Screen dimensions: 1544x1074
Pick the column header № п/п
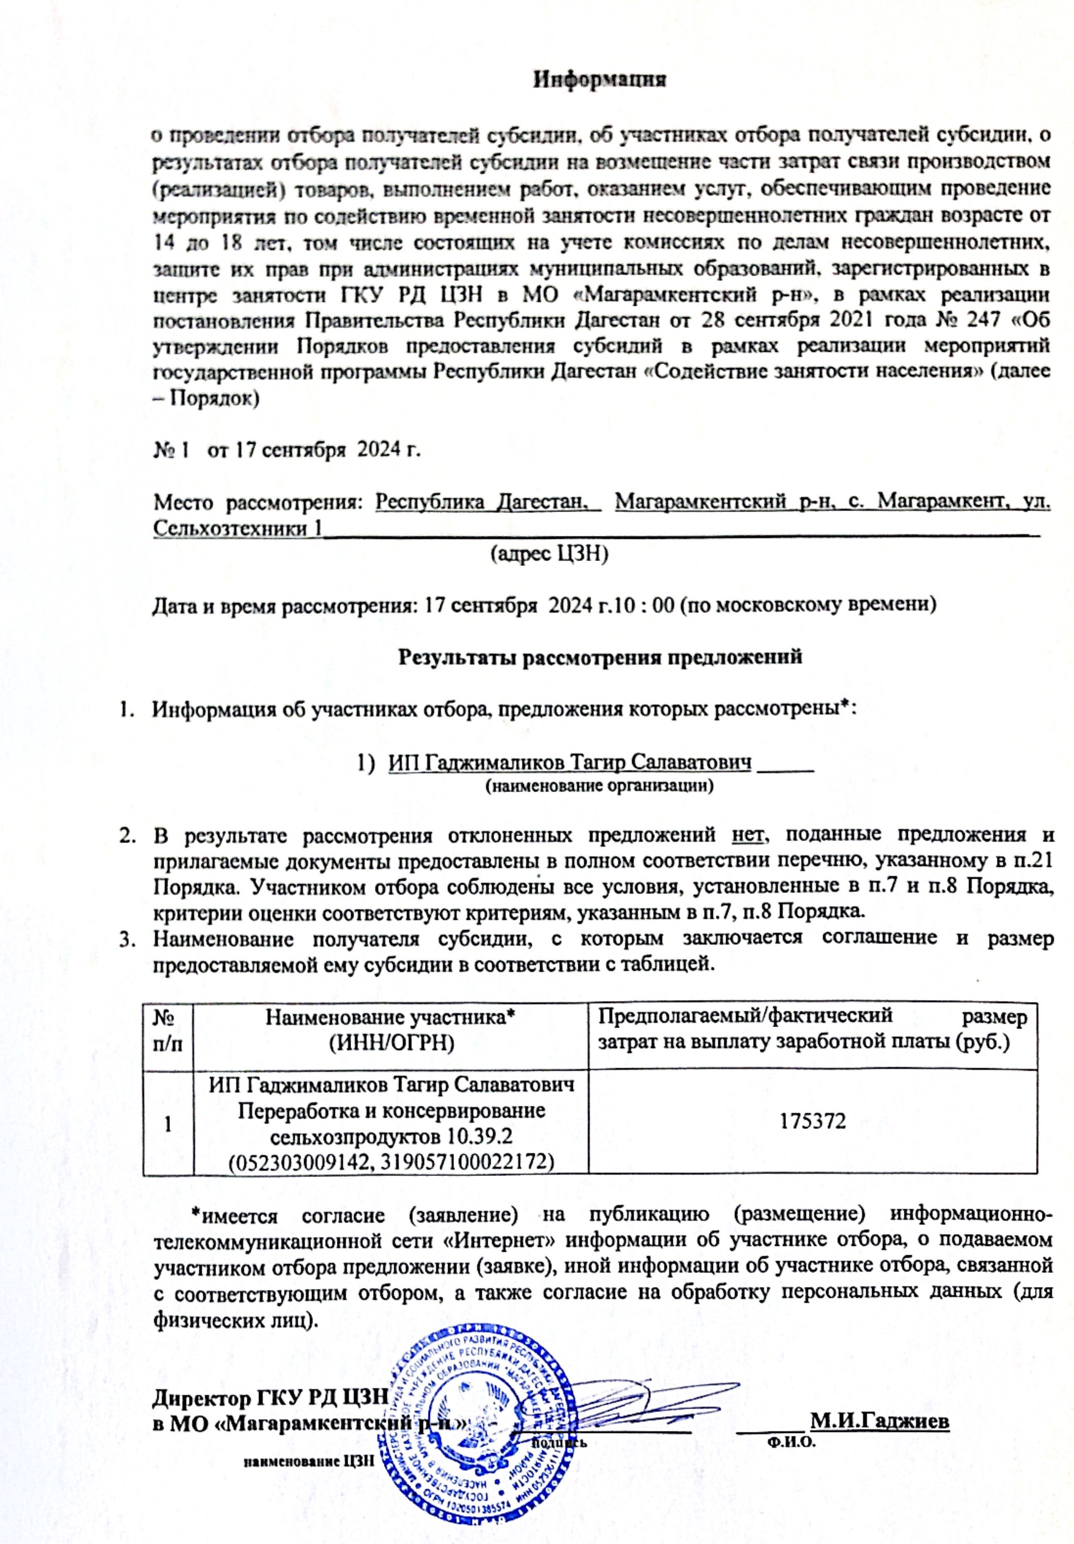point(169,1030)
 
